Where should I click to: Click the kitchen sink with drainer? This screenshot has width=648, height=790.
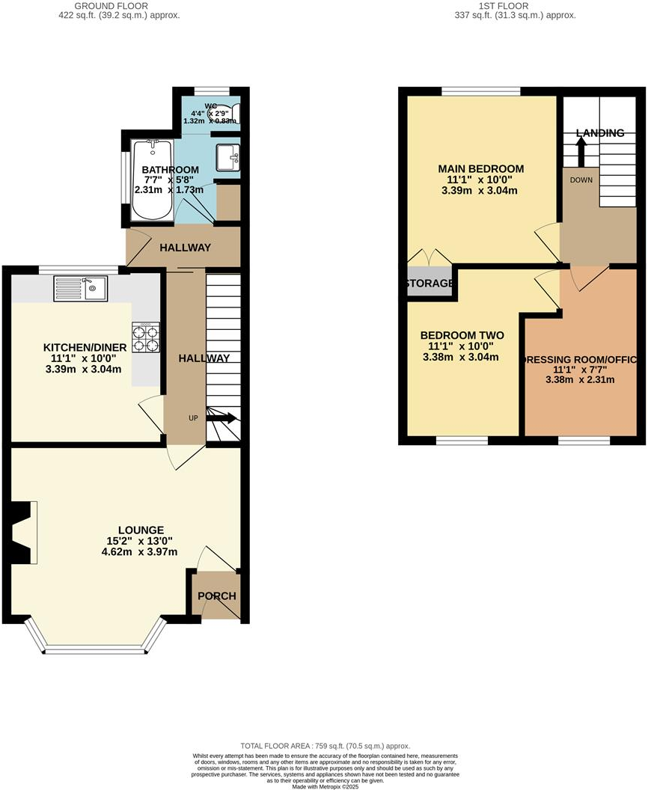81,288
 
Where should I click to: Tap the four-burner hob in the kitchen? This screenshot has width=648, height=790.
147,337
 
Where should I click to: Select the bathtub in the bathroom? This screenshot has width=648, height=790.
153,180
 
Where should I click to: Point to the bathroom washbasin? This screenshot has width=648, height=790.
228,157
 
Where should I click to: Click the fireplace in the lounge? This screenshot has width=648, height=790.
20,532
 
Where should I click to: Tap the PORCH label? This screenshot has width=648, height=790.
217,596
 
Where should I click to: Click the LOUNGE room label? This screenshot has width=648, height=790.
135,530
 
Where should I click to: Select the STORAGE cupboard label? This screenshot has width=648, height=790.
430,284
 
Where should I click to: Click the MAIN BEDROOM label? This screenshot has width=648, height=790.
480,168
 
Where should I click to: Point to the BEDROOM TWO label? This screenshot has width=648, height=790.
462,335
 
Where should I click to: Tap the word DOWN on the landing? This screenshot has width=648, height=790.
581,180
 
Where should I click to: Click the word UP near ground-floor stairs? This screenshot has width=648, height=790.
193,417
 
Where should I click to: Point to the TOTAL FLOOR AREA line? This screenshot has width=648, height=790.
325,746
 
